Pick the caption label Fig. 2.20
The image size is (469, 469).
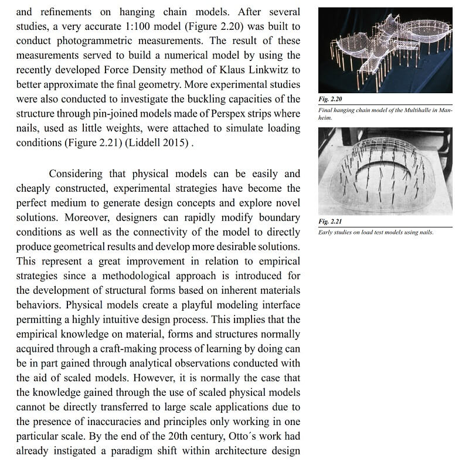(330, 100)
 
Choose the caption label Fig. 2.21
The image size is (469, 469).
(330, 222)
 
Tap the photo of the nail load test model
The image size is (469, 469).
(385, 171)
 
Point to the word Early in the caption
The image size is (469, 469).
(327, 232)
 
